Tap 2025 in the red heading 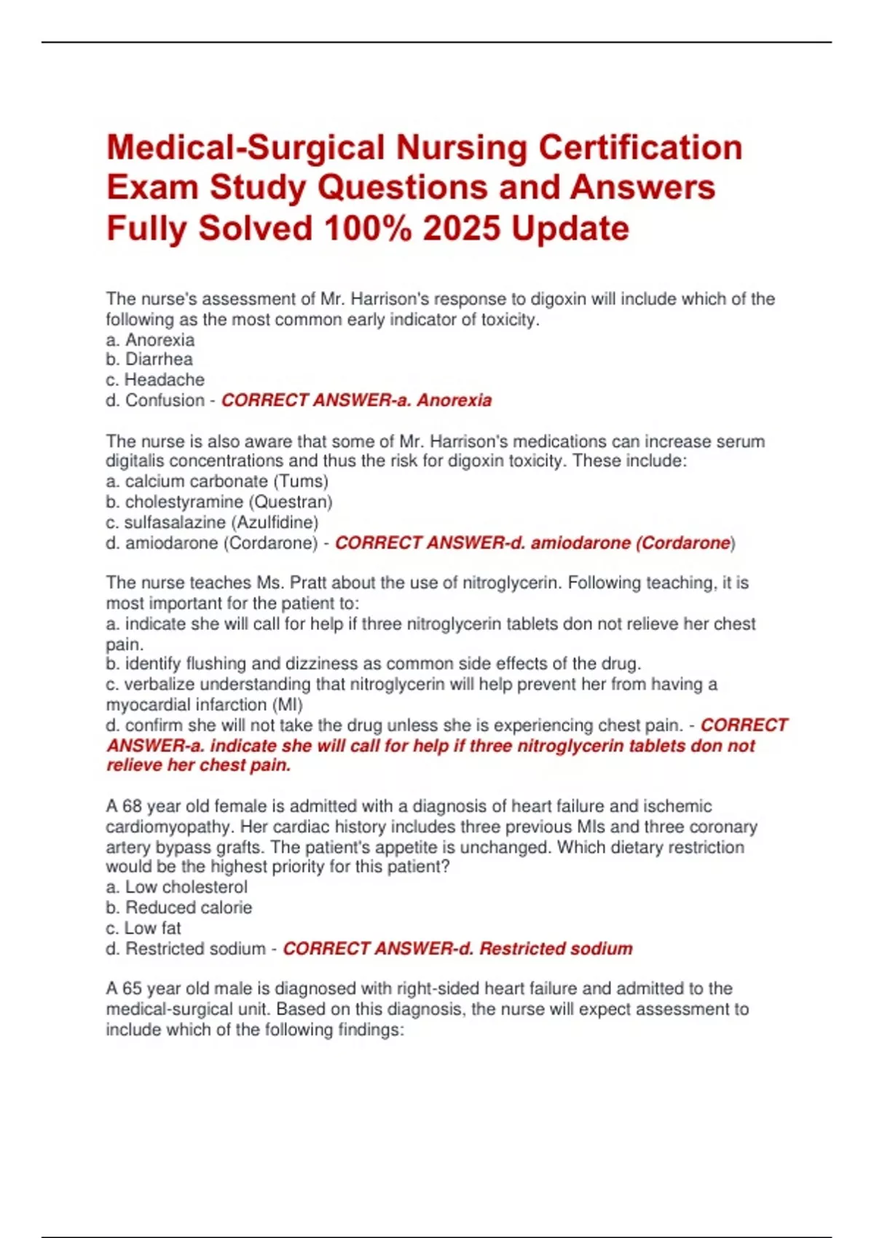pos(462,228)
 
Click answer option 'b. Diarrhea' pos(149,359)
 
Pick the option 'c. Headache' pos(155,379)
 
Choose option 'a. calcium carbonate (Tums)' pos(217,481)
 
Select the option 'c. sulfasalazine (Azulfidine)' pos(212,522)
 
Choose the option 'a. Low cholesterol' pos(177,887)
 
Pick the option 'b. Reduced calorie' pos(179,907)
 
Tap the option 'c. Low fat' pos(143,928)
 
